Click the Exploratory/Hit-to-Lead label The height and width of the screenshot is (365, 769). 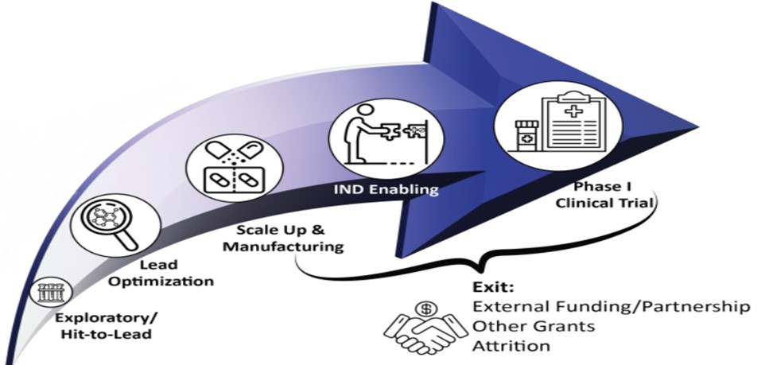(107, 327)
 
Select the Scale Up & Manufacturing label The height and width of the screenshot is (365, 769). (283, 238)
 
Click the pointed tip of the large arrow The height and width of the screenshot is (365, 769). (695, 126)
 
